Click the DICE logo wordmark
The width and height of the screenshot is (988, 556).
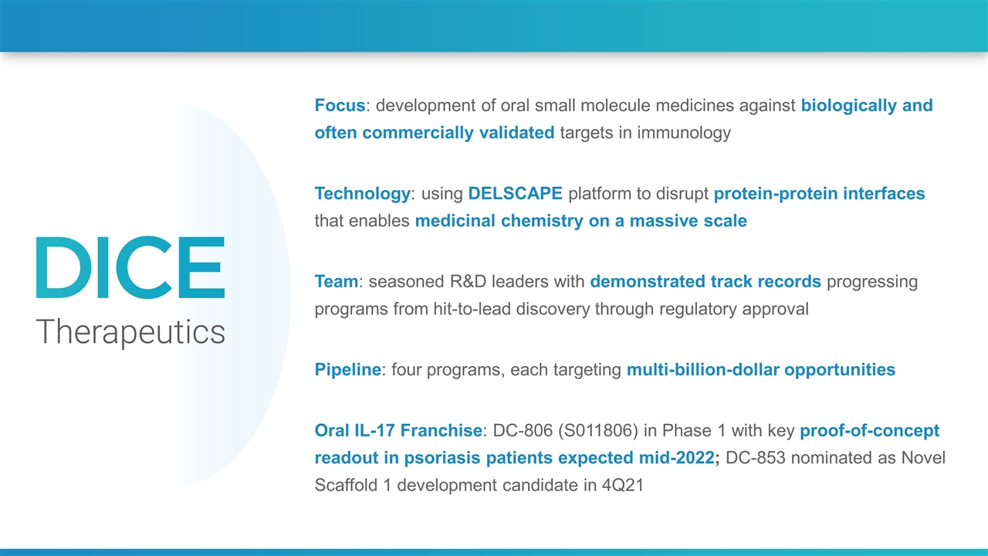130,267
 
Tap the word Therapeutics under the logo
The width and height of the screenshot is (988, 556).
130,332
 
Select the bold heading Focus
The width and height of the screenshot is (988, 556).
340,106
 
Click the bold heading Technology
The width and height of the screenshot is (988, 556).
363,194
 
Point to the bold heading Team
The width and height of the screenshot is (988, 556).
337,282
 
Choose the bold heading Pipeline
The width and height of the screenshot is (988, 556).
347,370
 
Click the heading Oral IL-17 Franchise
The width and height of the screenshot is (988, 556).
398,430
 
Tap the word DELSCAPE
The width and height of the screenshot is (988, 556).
515,193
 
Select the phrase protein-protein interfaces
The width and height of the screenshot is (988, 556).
819,194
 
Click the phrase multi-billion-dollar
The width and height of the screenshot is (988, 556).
702,370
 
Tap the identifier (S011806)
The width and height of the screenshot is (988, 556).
598,431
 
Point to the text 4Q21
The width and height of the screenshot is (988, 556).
623,486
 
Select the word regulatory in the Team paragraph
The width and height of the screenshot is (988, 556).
699,310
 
